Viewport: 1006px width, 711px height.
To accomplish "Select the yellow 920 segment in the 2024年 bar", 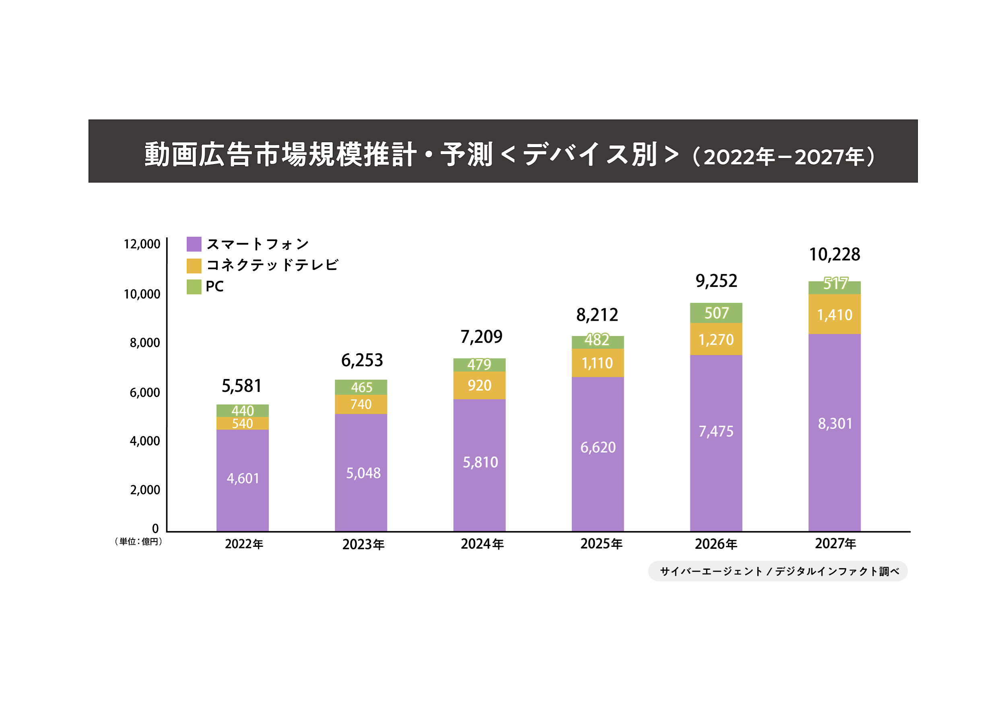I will tap(479, 385).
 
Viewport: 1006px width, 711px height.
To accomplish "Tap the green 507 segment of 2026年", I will tap(716, 313).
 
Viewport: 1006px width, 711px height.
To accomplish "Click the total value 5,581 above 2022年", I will tap(241, 386).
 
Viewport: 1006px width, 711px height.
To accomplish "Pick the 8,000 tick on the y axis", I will tap(144, 342).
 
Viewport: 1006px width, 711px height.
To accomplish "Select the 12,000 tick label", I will tap(142, 244).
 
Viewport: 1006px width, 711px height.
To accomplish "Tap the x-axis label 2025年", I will tap(601, 544).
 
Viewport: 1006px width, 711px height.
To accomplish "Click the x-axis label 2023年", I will tap(363, 544).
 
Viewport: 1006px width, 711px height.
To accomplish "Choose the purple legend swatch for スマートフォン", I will tap(194, 244).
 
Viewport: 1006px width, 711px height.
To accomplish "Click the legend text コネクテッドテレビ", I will tap(272, 265).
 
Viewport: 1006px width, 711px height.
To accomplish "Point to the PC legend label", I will tap(214, 286).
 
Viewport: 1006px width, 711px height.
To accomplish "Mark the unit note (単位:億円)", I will tap(138, 542).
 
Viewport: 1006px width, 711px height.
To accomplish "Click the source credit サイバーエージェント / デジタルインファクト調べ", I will tap(777, 571).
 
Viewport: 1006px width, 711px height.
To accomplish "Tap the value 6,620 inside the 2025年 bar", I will tap(598, 447).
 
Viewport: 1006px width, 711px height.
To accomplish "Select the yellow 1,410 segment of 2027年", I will tap(834, 315).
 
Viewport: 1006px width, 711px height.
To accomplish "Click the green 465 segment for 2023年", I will tap(361, 387).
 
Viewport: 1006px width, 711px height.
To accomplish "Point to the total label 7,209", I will tap(481, 337).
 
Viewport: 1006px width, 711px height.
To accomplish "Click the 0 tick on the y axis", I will tap(155, 529).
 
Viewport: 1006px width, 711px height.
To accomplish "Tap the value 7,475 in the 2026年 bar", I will tap(716, 431).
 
